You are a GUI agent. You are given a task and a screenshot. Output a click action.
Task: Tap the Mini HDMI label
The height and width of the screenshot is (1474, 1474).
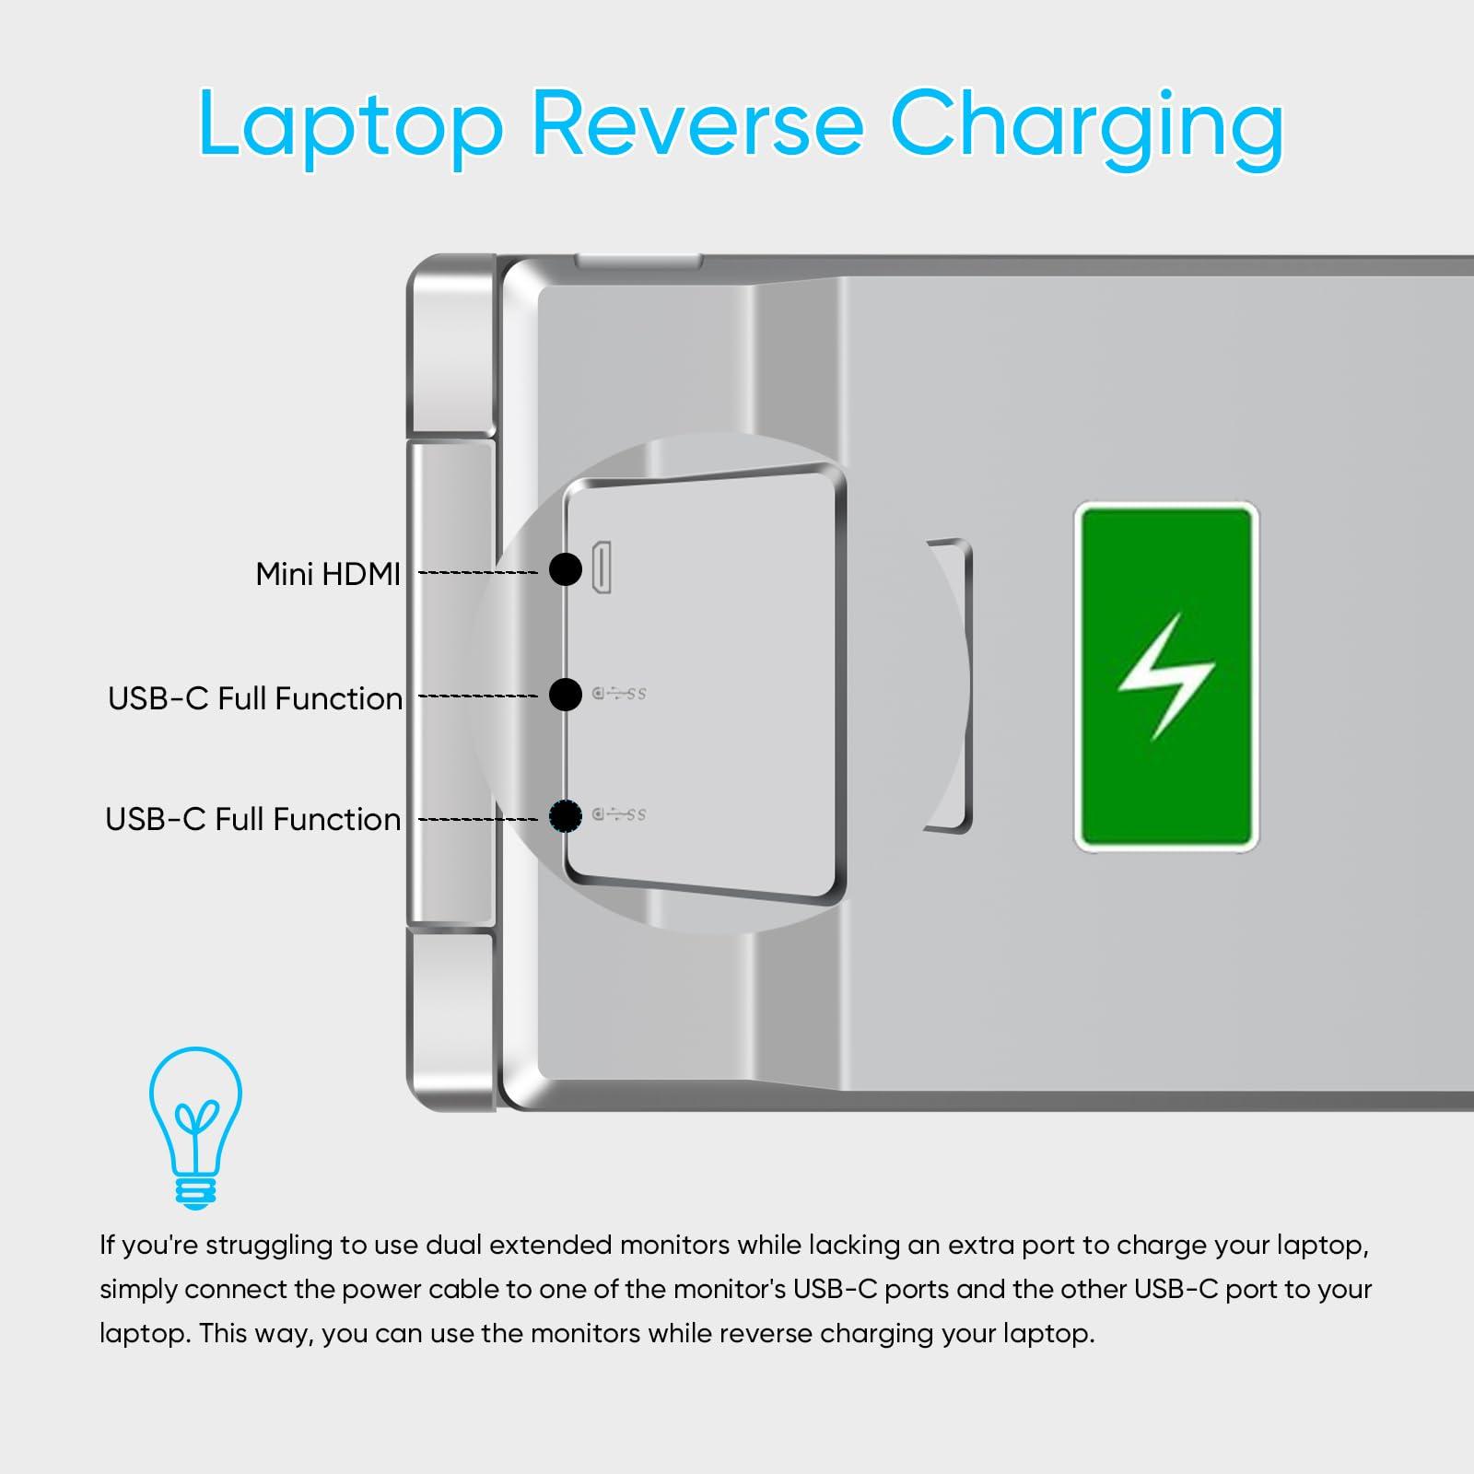[327, 574]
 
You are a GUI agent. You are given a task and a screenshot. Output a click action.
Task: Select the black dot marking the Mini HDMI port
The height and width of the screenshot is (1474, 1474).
[566, 569]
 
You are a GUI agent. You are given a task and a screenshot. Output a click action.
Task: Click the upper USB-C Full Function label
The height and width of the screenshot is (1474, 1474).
[255, 698]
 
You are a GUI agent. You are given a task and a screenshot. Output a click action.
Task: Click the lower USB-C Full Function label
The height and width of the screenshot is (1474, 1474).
[253, 819]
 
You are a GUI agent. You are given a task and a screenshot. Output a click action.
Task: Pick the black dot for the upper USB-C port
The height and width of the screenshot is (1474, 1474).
[566, 694]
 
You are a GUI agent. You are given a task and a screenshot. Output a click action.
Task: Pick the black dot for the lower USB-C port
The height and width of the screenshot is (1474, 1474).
[566, 815]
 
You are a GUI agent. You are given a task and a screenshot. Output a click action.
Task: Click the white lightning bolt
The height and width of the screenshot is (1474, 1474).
[1166, 677]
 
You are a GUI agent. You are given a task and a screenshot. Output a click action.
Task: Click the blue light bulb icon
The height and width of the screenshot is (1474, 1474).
[196, 1126]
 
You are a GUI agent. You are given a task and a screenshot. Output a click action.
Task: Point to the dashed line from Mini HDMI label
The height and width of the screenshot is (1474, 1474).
[477, 573]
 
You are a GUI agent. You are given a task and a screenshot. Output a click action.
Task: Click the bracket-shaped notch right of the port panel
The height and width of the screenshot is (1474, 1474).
[953, 686]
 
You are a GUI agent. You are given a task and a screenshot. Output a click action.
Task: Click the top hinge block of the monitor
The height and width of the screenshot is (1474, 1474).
[451, 348]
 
